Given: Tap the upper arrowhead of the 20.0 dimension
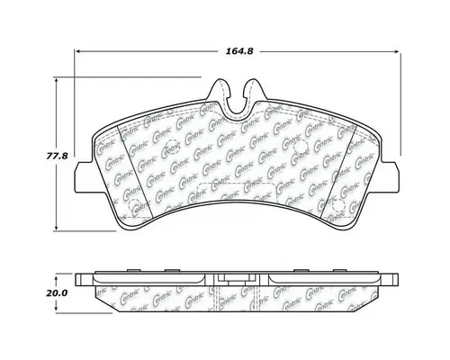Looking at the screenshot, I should point(58,275).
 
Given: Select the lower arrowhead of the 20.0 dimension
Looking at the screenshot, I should point(58,309).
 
